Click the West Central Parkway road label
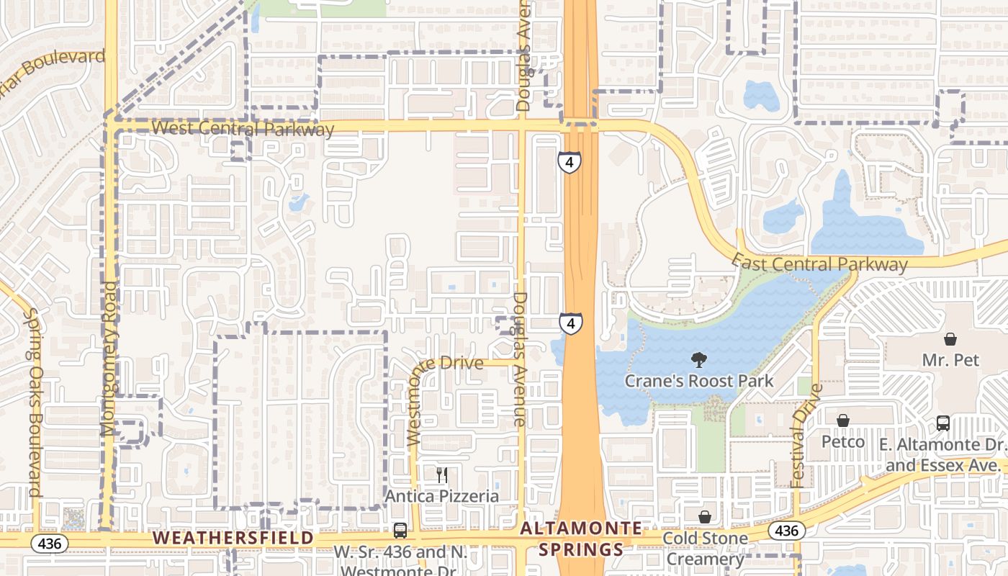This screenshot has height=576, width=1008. click(243, 129)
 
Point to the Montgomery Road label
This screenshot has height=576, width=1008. click(109, 359)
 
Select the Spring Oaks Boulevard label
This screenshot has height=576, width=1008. click(33, 402)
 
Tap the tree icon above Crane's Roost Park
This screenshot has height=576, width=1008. click(698, 360)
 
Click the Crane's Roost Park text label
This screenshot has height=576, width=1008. click(698, 381)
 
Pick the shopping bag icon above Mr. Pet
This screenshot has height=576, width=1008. click(950, 339)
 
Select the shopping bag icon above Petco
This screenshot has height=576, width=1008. click(842, 420)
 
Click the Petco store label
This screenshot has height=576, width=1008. click(842, 441)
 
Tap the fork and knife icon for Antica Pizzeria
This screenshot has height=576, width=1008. click(442, 475)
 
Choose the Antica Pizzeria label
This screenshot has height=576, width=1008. click(442, 496)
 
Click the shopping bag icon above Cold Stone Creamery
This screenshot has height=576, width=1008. click(705, 517)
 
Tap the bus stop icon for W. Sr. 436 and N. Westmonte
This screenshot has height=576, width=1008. click(400, 531)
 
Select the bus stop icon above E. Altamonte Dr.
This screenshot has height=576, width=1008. click(942, 423)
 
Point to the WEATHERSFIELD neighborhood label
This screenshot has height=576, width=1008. click(233, 538)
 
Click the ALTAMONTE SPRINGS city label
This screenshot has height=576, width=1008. click(572, 539)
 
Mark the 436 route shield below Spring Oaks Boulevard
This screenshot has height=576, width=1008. click(49, 542)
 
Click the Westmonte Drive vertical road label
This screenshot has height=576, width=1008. click(415, 405)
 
